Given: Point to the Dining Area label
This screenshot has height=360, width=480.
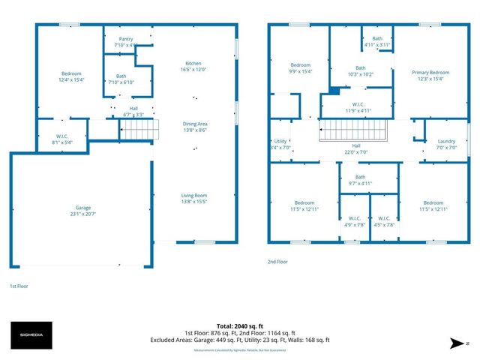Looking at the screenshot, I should [194, 127].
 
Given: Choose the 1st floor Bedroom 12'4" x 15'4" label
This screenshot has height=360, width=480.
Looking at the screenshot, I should [70, 76].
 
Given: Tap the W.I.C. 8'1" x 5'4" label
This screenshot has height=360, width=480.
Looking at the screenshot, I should [63, 139].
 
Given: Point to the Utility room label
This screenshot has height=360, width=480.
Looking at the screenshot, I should [280, 144].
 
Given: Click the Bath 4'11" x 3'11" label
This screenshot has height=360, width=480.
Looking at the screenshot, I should [377, 41].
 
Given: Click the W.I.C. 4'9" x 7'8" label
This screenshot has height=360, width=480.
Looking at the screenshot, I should [355, 221].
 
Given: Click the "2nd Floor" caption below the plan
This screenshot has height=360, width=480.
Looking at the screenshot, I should [277, 262].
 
